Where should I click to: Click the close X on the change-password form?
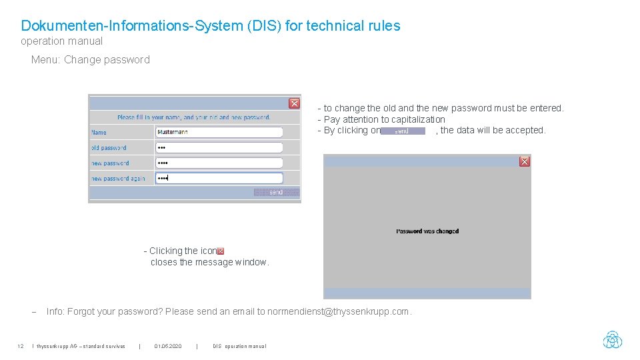pos(294,103)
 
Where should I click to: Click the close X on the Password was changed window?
pos(525,161)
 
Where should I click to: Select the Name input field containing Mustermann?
pos(219,132)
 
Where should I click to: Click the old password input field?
pos(219,147)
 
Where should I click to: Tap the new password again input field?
pos(219,178)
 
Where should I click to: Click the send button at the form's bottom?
pos(276,192)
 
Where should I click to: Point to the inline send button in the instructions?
pos(403,131)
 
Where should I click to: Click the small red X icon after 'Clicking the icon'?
pos(221,251)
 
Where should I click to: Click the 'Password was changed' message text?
pos(427,231)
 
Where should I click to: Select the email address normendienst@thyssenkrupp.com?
pos(338,311)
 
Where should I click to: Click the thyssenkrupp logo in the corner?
pos(612,340)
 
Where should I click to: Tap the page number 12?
pos(21,346)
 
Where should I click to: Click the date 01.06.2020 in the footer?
pos(167,346)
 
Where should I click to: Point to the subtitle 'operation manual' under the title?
pos(62,41)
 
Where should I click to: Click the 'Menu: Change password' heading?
pos(91,60)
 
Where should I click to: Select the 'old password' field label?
pos(109,148)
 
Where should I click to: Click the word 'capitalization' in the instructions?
pos(418,119)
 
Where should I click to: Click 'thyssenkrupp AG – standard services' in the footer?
pos(80,346)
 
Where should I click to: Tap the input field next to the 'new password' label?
pos(219,163)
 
